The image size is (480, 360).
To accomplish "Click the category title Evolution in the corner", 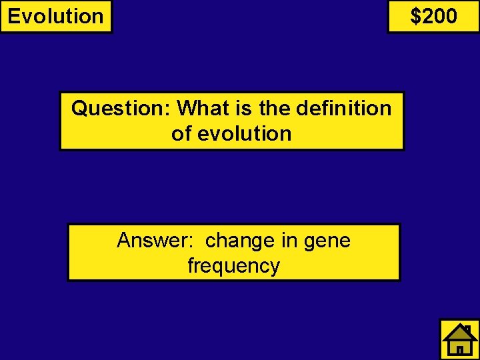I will pos(56,16).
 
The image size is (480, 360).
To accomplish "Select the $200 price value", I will pos(433,16).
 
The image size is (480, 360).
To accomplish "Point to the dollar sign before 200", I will pos(416,16).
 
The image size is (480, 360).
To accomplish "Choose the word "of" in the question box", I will pos(181,133).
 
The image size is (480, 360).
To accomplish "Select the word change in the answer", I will pos(241,240).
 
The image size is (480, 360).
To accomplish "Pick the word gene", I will pos(327,240).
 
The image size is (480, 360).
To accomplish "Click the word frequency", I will pos(233,265).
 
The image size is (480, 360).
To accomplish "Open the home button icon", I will pos(459,339).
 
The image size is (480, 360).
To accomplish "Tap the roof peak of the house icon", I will pos(459,327).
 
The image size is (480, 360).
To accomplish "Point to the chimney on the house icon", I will pos(469,329).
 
